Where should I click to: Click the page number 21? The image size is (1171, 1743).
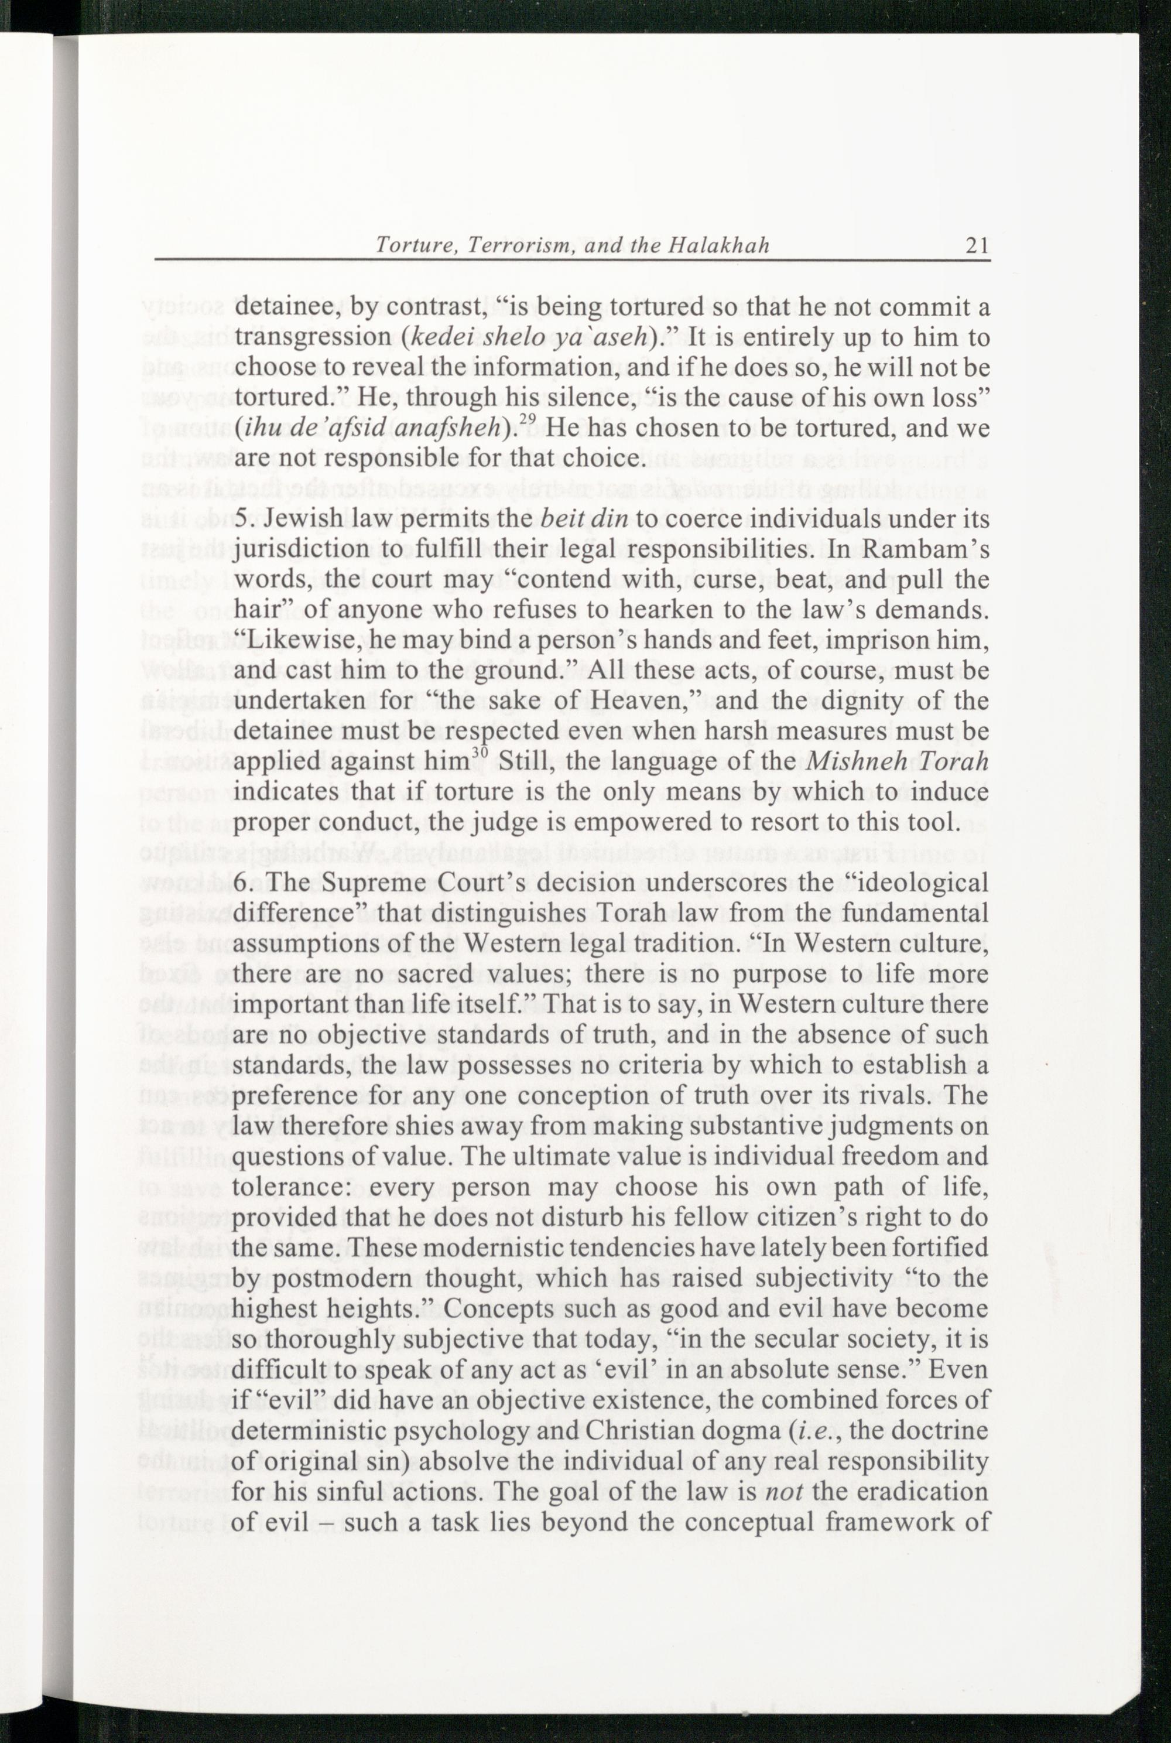977,245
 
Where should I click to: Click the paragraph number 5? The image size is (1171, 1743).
241,520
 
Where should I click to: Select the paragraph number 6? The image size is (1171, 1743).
241,883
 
